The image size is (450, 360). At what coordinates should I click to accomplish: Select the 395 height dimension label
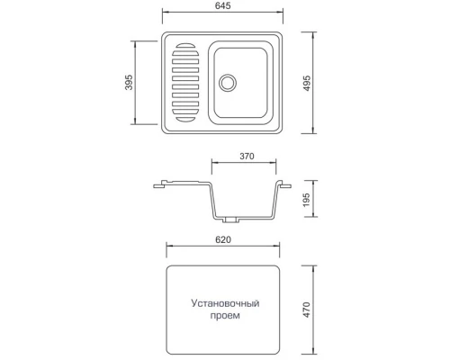click(x=130, y=83)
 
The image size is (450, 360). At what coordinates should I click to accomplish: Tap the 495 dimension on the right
click(x=308, y=83)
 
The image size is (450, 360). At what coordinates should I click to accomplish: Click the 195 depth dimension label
click(x=308, y=199)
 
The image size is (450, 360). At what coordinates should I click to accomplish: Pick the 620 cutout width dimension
click(x=224, y=240)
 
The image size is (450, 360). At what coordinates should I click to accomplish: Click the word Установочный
click(x=223, y=304)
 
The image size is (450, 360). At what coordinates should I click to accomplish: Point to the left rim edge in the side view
click(x=158, y=187)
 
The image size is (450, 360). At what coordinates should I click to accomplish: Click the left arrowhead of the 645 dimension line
click(x=165, y=15)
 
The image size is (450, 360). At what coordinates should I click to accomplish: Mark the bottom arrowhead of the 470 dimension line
click(x=316, y=352)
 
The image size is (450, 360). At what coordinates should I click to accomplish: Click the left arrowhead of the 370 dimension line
click(x=213, y=165)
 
